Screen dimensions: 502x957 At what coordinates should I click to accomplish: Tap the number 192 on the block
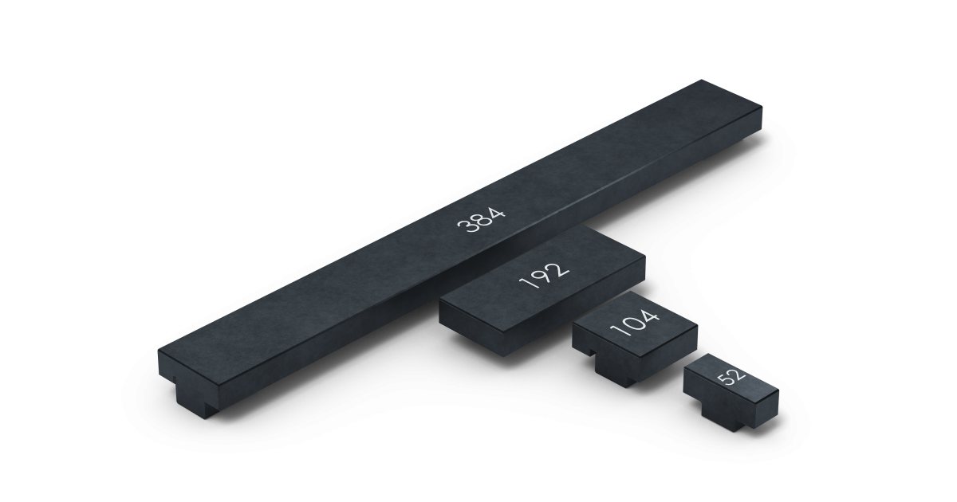click(544, 275)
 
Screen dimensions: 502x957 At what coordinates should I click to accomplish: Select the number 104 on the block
click(635, 325)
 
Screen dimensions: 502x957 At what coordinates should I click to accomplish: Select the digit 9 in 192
click(544, 275)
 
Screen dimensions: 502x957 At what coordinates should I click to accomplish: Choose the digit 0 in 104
click(635, 325)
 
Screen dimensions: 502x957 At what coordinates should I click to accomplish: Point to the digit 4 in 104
click(649, 318)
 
